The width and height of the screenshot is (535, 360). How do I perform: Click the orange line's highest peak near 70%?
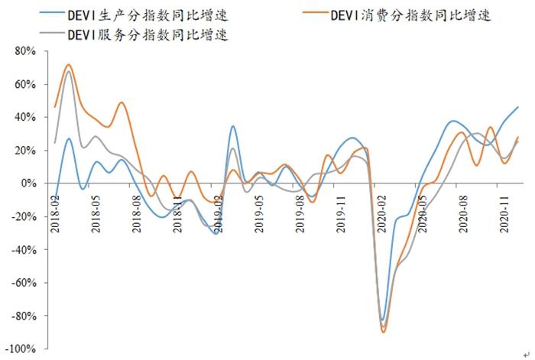pyautogui.click(x=69, y=65)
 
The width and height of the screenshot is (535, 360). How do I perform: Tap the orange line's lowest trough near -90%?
pyautogui.click(x=383, y=332)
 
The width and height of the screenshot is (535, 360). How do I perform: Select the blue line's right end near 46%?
pyautogui.click(x=518, y=107)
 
